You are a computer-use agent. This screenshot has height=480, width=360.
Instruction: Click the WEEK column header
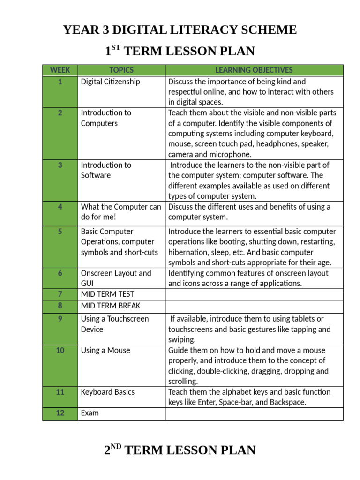(x=60, y=70)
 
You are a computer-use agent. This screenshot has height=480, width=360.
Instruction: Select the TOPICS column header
(x=121, y=70)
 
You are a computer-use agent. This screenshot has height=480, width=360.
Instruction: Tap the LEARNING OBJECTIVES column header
(x=254, y=70)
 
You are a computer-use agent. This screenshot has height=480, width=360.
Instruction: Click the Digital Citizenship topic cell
(x=111, y=82)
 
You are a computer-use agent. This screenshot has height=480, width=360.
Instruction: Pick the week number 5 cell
(x=60, y=232)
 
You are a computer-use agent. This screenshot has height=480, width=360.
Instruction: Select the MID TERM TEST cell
(x=107, y=294)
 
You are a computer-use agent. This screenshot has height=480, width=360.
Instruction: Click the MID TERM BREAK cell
(x=111, y=306)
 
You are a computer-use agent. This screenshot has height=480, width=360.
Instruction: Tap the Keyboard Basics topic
(x=108, y=392)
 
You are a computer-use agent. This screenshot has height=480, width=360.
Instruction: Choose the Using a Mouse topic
(x=105, y=351)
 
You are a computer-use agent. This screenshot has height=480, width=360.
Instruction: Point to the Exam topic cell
(x=90, y=413)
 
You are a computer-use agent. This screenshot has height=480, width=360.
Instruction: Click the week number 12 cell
(x=60, y=413)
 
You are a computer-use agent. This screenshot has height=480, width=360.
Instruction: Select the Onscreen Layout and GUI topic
(x=116, y=278)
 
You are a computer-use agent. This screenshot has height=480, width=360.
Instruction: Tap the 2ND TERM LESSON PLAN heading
(x=180, y=450)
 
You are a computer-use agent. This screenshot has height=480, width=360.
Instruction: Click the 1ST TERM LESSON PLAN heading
(x=180, y=51)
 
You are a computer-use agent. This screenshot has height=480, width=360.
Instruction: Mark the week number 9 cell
(x=60, y=319)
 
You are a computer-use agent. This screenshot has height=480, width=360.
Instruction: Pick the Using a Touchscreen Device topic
(x=115, y=324)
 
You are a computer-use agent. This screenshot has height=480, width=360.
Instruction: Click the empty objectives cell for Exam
(x=254, y=413)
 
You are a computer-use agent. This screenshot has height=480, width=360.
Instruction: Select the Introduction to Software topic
(x=106, y=170)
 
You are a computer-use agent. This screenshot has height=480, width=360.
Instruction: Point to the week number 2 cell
(x=60, y=113)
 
